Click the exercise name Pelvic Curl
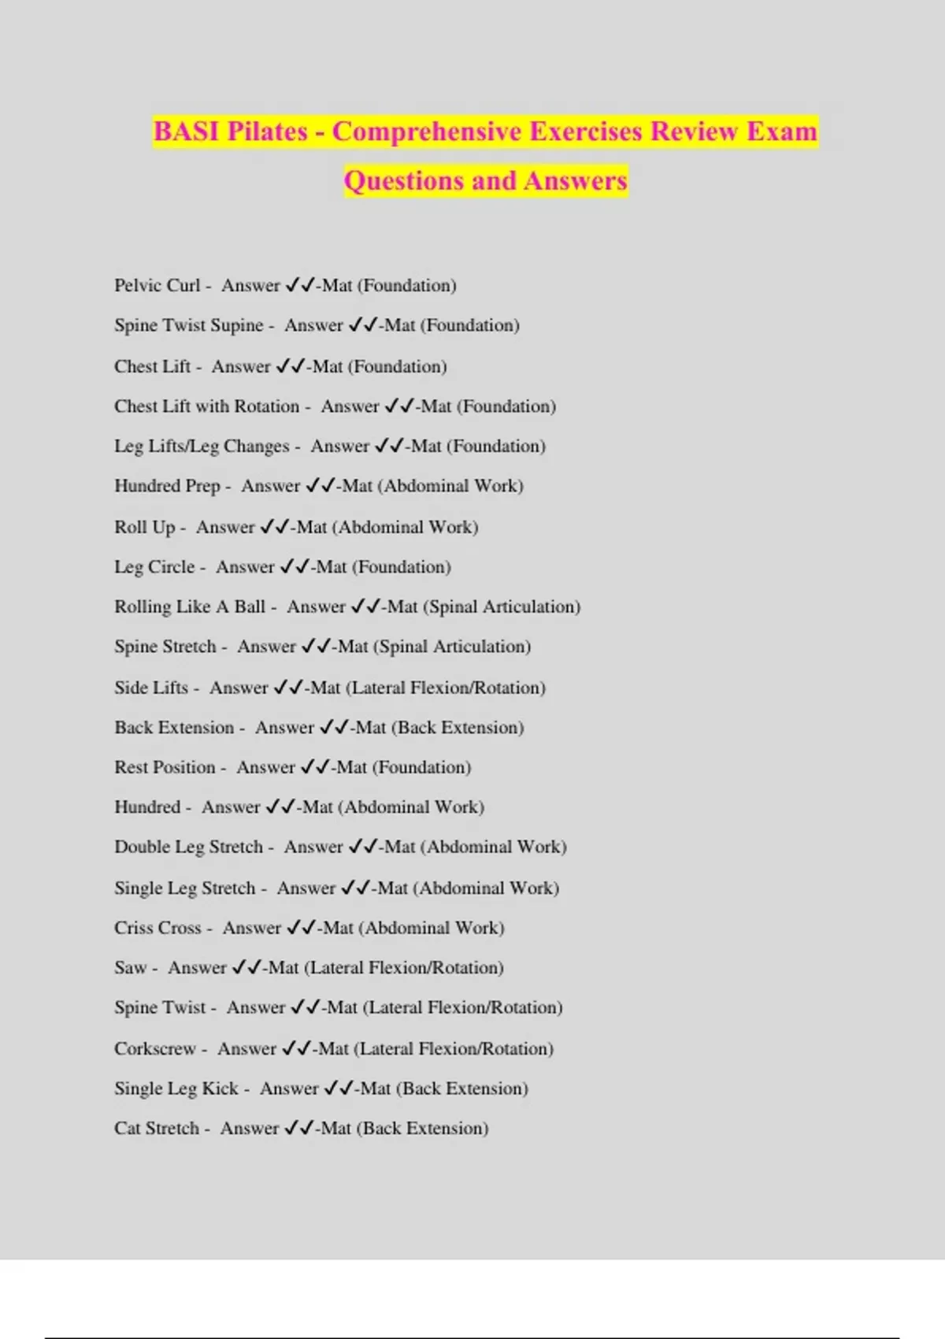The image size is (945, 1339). (x=157, y=285)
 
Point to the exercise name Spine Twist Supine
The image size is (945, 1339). (x=188, y=325)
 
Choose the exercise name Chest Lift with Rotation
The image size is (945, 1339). (x=206, y=406)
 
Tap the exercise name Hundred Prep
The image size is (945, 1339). (x=167, y=486)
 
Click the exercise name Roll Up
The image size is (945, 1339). (x=144, y=527)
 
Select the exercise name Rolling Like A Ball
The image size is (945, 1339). (x=190, y=606)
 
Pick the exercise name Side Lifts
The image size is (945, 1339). (x=151, y=688)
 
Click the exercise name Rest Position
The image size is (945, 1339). (x=165, y=767)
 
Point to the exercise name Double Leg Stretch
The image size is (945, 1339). (x=188, y=847)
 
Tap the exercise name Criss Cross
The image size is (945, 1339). (x=157, y=928)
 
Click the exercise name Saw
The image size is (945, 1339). (x=130, y=967)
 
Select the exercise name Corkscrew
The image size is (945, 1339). (x=155, y=1048)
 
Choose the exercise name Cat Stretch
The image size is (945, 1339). (x=157, y=1128)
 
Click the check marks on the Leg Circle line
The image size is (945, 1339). (x=295, y=566)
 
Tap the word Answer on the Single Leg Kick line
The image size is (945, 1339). (x=289, y=1089)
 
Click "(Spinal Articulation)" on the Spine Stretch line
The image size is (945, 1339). (x=452, y=647)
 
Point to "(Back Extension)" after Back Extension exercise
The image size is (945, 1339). (x=458, y=728)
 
